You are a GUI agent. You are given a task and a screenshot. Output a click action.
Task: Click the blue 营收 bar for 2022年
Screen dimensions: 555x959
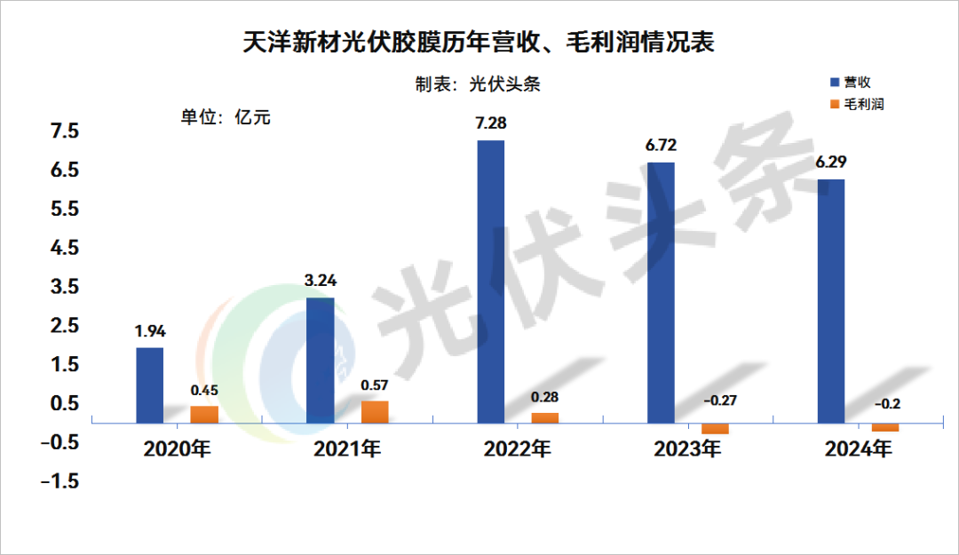tap(490, 281)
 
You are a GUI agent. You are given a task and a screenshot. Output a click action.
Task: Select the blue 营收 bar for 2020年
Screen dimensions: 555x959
tap(149, 385)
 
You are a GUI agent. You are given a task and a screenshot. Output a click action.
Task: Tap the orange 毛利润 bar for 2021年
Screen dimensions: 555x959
tap(375, 411)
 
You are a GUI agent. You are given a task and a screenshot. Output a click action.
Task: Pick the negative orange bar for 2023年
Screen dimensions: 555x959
tap(715, 428)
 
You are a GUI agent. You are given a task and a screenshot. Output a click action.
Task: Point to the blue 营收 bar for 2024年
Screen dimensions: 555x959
tap(831, 300)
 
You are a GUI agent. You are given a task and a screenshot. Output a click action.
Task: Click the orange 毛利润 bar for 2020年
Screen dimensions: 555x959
tap(204, 414)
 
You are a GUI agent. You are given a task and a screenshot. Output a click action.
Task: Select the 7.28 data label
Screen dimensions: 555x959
tap(491, 123)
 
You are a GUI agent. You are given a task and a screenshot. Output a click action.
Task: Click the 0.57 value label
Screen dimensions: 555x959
tap(375, 385)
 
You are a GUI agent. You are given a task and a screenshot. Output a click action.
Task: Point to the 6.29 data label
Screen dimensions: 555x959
tap(831, 163)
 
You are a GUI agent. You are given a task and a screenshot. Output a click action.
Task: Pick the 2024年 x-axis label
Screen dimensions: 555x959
tap(858, 449)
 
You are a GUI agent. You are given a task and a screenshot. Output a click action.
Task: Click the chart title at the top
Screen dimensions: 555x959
tap(479, 43)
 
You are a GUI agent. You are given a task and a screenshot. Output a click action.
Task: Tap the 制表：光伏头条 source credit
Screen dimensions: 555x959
tap(478, 84)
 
